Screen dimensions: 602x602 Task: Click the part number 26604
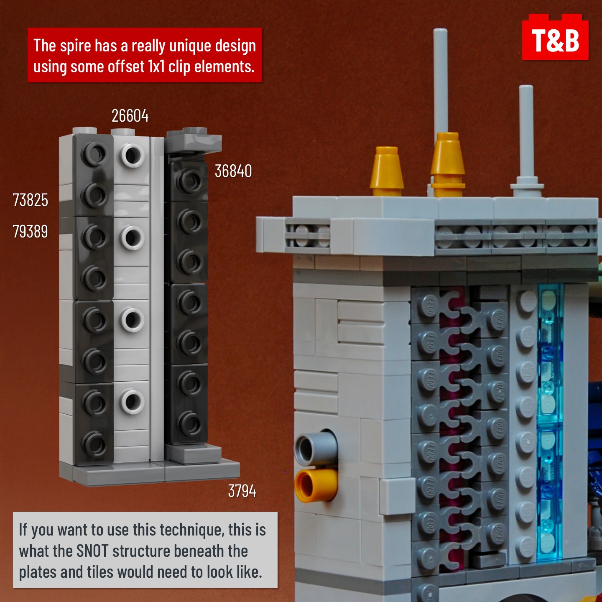tap(130, 116)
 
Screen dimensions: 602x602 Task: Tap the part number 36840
tap(233, 171)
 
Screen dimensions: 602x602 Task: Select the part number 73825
tap(30, 200)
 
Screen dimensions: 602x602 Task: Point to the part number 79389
tap(30, 232)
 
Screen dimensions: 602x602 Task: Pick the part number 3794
tap(242, 491)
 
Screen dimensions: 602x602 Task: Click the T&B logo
tap(555, 37)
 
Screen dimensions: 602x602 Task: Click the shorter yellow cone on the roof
tap(386, 171)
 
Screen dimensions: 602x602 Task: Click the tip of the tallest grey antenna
tap(441, 30)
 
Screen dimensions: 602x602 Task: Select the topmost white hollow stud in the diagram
tap(132, 155)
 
